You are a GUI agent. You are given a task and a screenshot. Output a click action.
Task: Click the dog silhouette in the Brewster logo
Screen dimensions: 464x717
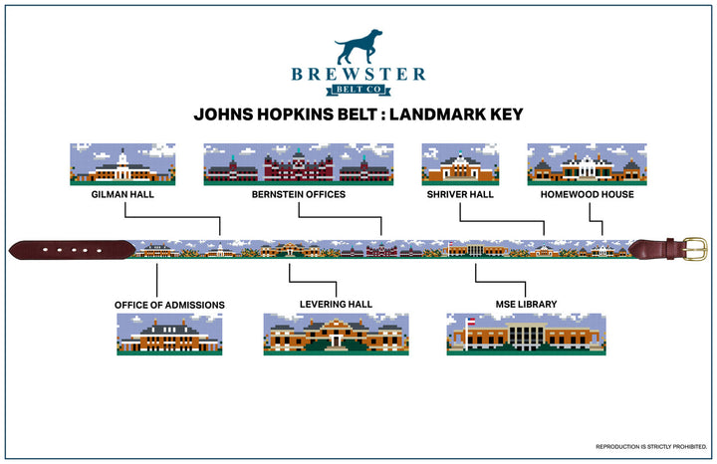point(358,47)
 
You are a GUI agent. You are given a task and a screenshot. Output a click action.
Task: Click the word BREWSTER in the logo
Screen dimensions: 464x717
point(358,74)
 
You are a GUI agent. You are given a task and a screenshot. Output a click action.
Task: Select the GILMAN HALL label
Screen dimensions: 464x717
point(122,195)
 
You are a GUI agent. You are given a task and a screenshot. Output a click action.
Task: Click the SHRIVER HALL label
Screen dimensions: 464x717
point(459,195)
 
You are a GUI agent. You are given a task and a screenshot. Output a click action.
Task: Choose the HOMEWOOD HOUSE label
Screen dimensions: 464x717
point(573,195)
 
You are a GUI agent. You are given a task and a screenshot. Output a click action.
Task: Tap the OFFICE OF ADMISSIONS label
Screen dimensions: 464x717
point(170,304)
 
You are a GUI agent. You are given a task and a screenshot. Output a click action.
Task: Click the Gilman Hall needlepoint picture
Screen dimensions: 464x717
point(122,164)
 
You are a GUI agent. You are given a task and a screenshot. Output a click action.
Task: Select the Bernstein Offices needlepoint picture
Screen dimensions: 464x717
point(299,164)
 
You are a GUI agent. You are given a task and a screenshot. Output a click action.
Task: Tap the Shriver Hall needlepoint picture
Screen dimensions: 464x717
point(459,164)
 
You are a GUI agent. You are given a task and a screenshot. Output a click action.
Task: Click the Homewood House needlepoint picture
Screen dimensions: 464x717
point(573,164)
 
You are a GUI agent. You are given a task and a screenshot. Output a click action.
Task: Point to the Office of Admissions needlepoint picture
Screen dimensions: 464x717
point(169,335)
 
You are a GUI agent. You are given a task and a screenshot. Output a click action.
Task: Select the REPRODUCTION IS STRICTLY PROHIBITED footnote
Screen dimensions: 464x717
point(649,445)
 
